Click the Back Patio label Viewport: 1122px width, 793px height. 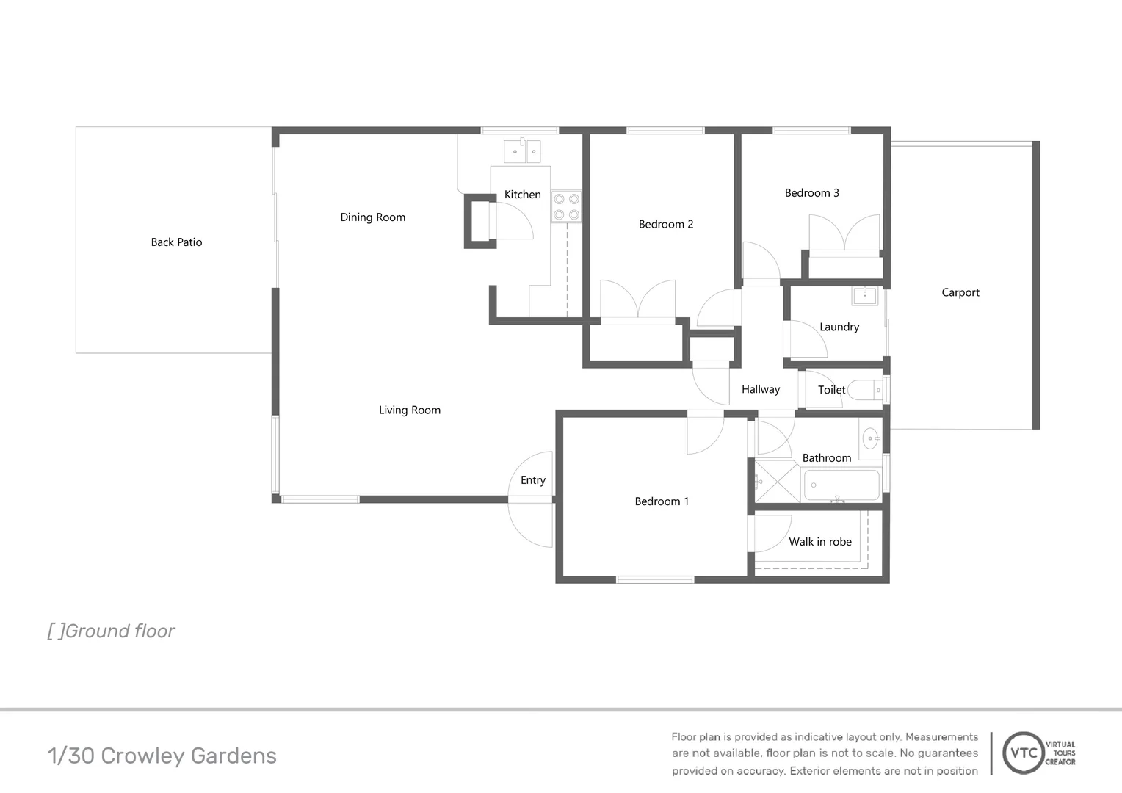click(x=176, y=242)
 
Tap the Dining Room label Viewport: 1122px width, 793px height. click(x=372, y=217)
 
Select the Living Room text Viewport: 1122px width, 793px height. click(x=410, y=410)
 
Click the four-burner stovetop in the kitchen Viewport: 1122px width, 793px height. click(x=566, y=206)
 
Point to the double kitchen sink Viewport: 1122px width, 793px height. click(x=522, y=151)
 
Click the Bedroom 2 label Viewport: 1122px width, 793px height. click(x=665, y=225)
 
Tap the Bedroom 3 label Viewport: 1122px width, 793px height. click(x=811, y=193)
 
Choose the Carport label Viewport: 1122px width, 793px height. click(x=960, y=292)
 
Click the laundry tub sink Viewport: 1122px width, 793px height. click(x=865, y=296)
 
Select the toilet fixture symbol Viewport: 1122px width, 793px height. click(x=865, y=389)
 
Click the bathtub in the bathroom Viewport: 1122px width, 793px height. click(x=841, y=485)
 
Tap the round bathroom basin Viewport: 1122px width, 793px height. click(x=871, y=439)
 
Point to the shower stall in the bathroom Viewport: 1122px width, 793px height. click(x=777, y=482)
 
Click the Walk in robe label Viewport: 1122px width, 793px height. click(x=819, y=542)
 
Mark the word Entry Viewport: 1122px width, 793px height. click(x=533, y=480)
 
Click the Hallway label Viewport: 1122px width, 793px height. click(x=760, y=390)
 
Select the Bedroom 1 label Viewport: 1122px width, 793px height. click(x=662, y=501)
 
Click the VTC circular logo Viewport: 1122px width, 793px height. click(x=1024, y=753)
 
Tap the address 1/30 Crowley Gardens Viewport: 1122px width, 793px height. click(x=162, y=756)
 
